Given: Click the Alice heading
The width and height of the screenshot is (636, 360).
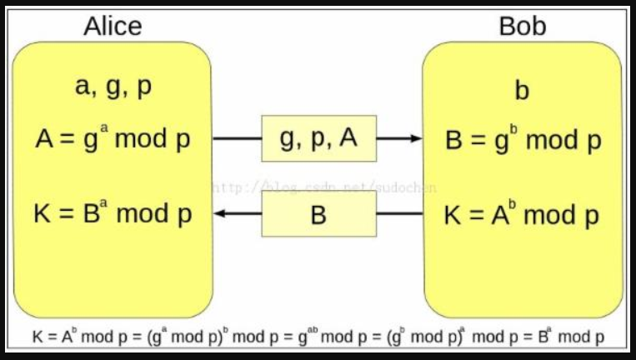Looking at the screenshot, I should pyautogui.click(x=113, y=26).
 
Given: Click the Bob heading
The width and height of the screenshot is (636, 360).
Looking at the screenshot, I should pyautogui.click(x=522, y=26).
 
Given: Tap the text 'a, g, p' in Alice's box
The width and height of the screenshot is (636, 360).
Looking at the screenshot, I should pyautogui.click(x=113, y=87).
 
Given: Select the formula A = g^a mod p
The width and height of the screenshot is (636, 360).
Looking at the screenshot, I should pyautogui.click(x=113, y=138).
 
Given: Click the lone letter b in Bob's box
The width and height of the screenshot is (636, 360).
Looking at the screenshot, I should pyautogui.click(x=522, y=90).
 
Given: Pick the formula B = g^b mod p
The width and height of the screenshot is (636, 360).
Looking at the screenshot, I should pyautogui.click(x=523, y=140).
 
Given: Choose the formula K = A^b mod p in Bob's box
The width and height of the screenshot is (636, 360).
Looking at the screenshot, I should pyautogui.click(x=523, y=215).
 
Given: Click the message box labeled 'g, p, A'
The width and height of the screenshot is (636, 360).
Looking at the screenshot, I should pyautogui.click(x=318, y=138).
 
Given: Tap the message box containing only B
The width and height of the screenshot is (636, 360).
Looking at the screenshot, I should pyautogui.click(x=318, y=215).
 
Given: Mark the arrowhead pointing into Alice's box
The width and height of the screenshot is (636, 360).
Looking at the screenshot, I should pyautogui.click(x=220, y=214).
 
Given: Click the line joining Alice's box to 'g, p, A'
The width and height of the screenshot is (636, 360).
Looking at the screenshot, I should pyautogui.click(x=237, y=138).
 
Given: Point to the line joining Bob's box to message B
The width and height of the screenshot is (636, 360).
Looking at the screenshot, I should pyautogui.click(x=399, y=214).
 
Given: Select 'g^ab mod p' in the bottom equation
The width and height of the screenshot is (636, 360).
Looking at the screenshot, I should pyautogui.click(x=338, y=337).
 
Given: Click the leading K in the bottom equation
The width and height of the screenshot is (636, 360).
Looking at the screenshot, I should pyautogui.click(x=38, y=338).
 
